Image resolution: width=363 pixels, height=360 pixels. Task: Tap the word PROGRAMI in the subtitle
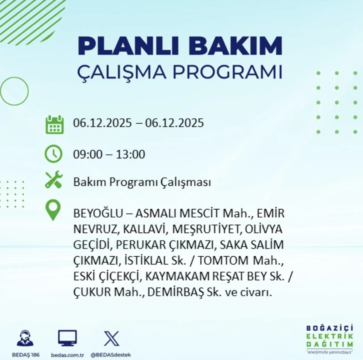click(227, 72)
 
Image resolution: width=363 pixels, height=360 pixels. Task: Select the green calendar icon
click(54, 125)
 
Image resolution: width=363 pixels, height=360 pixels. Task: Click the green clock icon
click(53, 154)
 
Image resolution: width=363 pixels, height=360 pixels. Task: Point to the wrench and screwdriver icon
click(54, 180)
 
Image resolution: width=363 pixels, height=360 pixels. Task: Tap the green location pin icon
click(53, 210)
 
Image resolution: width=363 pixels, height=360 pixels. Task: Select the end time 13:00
click(131, 155)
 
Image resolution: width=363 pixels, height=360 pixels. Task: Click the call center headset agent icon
click(25, 338)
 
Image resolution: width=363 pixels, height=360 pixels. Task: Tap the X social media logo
click(111, 338)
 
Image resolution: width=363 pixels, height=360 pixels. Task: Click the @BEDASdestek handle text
click(111, 355)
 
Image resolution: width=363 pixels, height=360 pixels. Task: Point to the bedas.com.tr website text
click(67, 355)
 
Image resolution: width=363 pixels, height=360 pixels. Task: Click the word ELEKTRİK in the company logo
click(330, 336)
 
